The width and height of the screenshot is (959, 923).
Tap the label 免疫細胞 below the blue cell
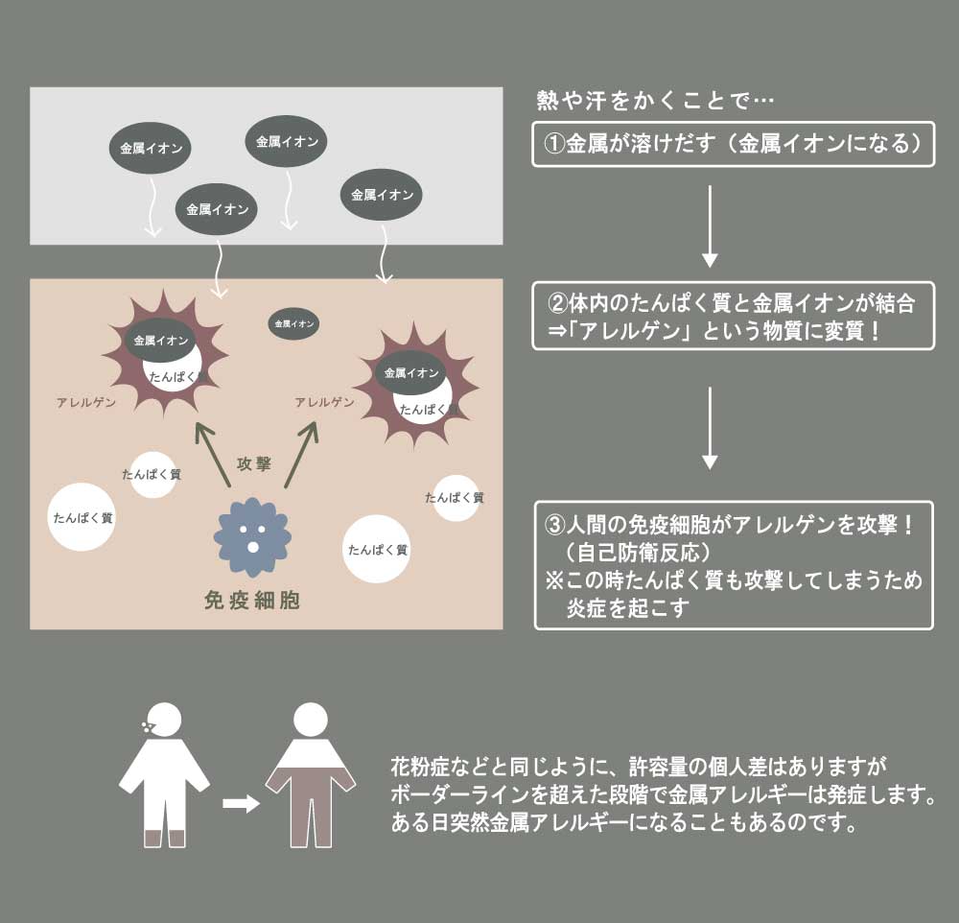pos(252,601)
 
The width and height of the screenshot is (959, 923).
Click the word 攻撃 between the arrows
pos(254,464)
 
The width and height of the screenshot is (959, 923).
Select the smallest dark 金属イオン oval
pos(293,324)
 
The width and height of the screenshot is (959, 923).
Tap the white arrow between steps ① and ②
pos(710,226)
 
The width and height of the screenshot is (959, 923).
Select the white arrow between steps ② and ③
pos(710,428)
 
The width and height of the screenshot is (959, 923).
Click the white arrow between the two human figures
pos(241,804)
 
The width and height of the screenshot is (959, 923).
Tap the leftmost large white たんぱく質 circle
pos(83,517)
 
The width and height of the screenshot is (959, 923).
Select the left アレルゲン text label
pos(86,403)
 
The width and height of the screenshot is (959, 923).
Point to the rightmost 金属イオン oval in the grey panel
pos(382,195)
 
